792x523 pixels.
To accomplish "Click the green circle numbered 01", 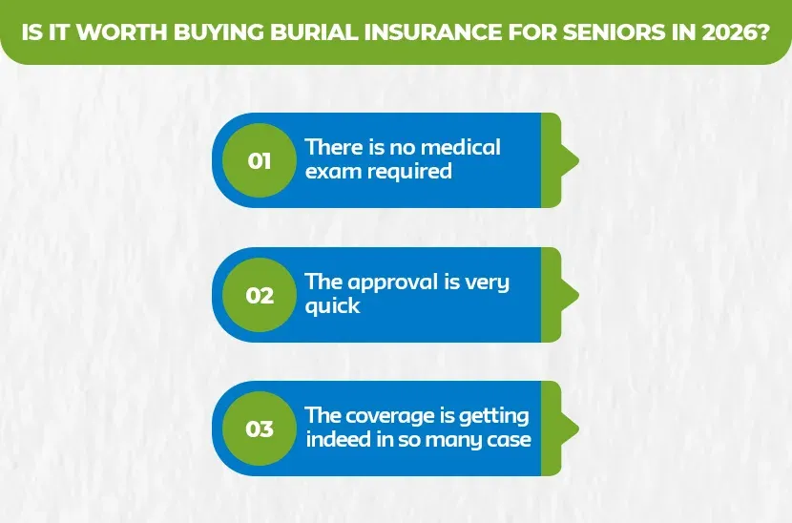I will (260, 160).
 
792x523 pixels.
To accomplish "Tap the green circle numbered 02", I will (260, 295).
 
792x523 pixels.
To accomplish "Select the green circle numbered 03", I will (260, 429).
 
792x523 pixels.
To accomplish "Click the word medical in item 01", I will (462, 148).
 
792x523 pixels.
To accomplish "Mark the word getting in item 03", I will (494, 417).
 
